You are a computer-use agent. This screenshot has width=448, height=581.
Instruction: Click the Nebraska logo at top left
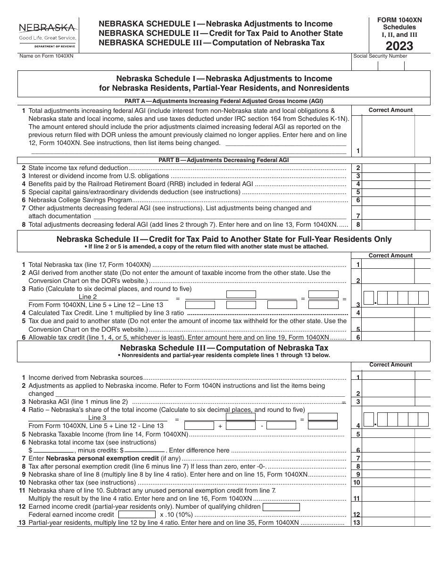click(47, 34)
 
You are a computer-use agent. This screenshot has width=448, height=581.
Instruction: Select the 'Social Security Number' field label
click(380, 56)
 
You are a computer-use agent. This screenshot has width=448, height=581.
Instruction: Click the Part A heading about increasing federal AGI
click(224, 101)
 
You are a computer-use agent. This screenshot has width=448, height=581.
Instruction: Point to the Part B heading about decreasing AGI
click(224, 160)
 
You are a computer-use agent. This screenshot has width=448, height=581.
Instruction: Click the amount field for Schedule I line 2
click(396, 168)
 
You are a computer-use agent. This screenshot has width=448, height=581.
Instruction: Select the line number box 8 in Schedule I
click(358, 225)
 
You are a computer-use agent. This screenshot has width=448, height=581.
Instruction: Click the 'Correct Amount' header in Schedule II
click(390, 256)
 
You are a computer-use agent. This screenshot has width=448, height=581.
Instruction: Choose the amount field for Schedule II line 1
click(396, 265)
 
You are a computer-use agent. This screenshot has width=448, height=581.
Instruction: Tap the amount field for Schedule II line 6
click(396, 337)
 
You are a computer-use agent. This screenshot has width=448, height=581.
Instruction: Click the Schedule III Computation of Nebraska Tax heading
click(224, 348)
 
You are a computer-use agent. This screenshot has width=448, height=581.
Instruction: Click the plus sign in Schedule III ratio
click(220, 426)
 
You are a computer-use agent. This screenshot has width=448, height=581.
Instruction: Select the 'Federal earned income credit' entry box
click(137, 514)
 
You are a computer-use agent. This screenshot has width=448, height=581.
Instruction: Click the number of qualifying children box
click(281, 507)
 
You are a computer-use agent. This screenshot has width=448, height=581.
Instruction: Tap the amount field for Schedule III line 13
click(396, 522)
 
